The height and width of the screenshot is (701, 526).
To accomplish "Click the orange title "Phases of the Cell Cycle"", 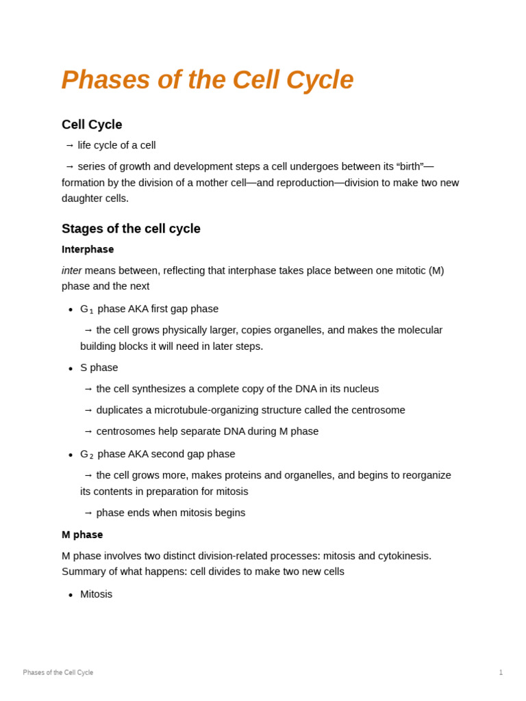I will pyautogui.click(x=207, y=80).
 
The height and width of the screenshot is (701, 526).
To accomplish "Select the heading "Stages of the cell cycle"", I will pyautogui.click(x=131, y=229).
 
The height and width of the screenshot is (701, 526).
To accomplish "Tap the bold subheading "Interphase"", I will pyautogui.click(x=88, y=249).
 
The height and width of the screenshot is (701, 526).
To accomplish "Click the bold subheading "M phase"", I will pyautogui.click(x=82, y=535).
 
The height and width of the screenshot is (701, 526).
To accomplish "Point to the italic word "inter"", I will pyautogui.click(x=71, y=270).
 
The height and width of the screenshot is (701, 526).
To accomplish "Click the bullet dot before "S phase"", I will pyautogui.click(x=71, y=369).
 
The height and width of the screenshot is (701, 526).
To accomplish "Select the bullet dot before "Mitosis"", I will pyautogui.click(x=71, y=596).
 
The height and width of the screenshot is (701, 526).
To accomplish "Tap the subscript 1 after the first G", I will pyautogui.click(x=91, y=312).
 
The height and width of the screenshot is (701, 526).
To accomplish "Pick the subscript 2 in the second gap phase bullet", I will pyautogui.click(x=91, y=457).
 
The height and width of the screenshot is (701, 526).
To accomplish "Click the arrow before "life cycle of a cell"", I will pyautogui.click(x=69, y=145).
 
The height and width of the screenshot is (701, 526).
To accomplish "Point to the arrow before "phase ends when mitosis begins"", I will pyautogui.click(x=88, y=513).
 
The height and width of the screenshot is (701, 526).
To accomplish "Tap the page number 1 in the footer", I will pyautogui.click(x=501, y=673).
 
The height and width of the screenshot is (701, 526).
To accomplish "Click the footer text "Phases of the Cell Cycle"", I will pyautogui.click(x=58, y=673).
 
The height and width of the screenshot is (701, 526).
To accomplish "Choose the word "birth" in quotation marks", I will pyautogui.click(x=410, y=166).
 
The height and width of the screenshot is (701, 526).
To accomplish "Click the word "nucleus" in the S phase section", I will pyautogui.click(x=360, y=389).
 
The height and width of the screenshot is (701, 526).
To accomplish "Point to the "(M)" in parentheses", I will pyautogui.click(x=436, y=270).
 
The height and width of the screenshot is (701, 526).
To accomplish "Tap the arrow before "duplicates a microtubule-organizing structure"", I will pyautogui.click(x=88, y=410).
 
